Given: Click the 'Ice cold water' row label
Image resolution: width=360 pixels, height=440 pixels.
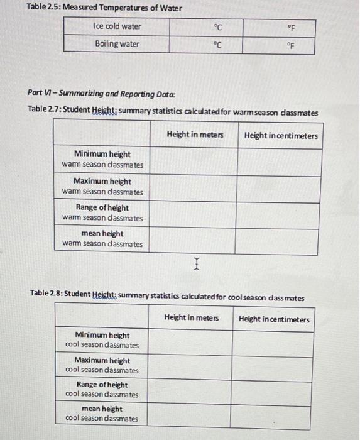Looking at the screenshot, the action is [x=117, y=26].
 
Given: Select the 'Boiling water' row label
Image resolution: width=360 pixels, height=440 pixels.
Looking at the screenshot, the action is [x=117, y=44].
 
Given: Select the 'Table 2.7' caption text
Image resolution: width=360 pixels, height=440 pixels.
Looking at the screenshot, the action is [x=173, y=111].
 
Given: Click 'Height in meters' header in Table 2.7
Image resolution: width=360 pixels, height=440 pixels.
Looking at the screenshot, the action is [x=195, y=136].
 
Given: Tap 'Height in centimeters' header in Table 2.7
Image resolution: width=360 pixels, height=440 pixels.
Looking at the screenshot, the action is [x=281, y=136].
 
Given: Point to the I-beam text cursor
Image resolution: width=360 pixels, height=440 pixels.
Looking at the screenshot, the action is [x=197, y=267].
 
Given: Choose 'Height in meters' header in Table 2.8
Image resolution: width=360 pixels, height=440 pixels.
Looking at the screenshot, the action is [x=192, y=318].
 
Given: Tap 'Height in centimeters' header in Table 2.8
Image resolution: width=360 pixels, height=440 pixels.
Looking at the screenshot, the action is [x=274, y=319].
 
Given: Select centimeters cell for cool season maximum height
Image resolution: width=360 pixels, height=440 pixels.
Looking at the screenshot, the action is [x=273, y=365].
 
